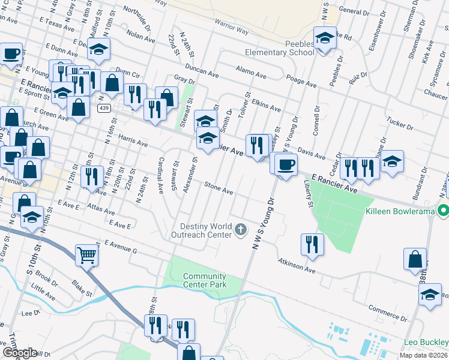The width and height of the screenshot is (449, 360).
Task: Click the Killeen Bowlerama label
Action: pos(400,211)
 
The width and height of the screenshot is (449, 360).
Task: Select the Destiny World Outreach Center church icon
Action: pos(240,229)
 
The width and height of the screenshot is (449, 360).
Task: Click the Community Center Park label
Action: pos(205,280)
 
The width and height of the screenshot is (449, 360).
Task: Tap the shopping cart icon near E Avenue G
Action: pos(86,255)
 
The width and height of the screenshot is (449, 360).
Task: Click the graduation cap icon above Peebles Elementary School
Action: pos(325,38)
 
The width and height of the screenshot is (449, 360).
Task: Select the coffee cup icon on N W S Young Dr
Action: pos(286,163)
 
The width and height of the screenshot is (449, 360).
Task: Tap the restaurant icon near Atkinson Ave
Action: pos(312,244)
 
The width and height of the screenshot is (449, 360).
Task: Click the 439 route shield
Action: pos(104,108)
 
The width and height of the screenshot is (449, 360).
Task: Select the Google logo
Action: pos(20,353)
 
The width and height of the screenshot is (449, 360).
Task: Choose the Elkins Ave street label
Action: pos(266,104)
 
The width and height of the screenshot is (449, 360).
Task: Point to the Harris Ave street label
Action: pos(133,141)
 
